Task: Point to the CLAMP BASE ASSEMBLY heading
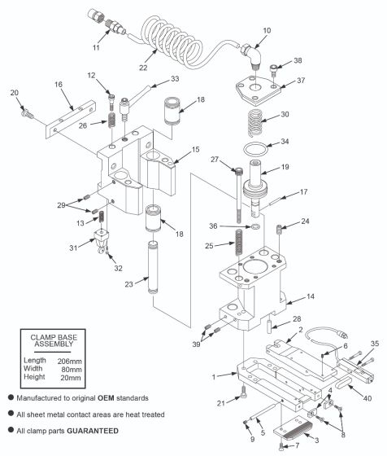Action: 60,338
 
